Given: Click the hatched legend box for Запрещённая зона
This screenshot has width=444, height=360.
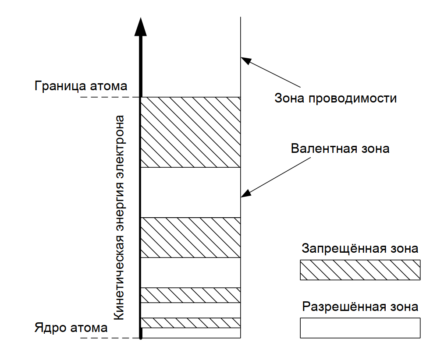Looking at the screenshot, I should tap(360, 270).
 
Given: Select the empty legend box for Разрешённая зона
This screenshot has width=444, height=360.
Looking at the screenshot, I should tap(360, 328).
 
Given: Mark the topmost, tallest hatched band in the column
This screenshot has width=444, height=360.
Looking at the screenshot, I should tap(191, 132).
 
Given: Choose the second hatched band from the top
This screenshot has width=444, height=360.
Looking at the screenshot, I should tap(191, 237).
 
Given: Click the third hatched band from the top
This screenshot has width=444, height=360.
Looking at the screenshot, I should tap(191, 295).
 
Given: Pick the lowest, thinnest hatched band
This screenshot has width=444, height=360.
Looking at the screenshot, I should tap(191, 323).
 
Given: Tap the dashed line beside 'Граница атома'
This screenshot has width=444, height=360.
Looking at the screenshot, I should tap(110, 97).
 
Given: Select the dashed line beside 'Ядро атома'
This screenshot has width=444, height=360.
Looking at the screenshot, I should tap(110, 338).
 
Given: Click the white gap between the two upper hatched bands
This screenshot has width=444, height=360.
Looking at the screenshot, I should tap(191, 192).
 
